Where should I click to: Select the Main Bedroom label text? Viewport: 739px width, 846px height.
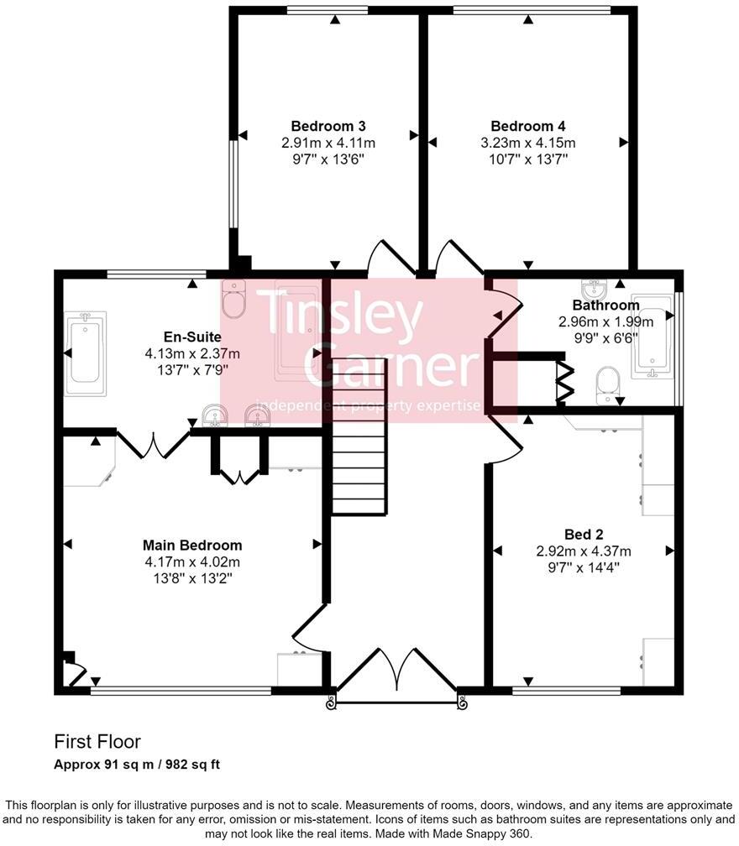coord(192,546)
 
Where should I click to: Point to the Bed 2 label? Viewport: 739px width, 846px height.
coord(583,534)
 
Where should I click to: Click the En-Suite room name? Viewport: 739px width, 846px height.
coord(192,337)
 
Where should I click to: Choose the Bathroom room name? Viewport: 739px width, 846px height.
coord(605,305)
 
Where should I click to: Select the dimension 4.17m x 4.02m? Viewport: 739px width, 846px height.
coord(192,562)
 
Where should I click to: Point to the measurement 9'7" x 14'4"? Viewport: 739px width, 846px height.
coord(583,567)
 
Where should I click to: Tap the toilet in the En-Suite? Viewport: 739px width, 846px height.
coord(234,299)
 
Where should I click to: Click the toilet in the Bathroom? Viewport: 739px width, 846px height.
coord(608,387)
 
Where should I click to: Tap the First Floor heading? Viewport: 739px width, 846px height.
coord(97,742)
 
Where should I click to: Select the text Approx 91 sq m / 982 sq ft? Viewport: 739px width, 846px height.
coord(137,765)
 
